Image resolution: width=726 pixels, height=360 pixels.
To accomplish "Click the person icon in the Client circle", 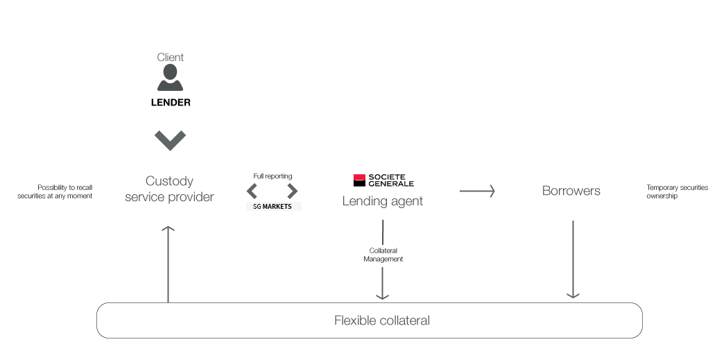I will [170, 78].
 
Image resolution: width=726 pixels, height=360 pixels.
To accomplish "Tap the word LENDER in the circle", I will [171, 103].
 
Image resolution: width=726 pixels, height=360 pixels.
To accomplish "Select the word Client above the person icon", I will [171, 57].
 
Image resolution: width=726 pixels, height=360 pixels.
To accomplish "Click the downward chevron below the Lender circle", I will [171, 141].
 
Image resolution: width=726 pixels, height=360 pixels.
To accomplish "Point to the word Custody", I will [169, 181].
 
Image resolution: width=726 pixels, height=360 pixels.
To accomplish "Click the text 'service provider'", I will [169, 197].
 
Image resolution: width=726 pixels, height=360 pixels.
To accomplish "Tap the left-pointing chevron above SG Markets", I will [252, 191].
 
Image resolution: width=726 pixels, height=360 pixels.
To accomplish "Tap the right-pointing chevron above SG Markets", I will [293, 191].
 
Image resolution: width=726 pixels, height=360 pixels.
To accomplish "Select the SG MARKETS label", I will [274, 207].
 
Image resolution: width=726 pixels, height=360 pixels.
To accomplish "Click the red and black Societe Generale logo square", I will [359, 180].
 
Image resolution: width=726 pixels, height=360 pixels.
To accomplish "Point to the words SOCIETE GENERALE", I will [391, 180].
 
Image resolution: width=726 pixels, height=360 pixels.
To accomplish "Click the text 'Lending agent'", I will [382, 201].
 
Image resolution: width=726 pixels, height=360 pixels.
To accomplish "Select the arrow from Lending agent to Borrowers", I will [477, 191].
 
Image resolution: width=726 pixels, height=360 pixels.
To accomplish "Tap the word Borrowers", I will [571, 191].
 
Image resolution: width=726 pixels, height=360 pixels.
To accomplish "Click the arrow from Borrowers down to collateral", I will [573, 260].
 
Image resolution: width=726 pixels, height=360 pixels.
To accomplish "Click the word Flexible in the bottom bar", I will [356, 320].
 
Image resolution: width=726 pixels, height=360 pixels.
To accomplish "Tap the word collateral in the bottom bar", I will [405, 320].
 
